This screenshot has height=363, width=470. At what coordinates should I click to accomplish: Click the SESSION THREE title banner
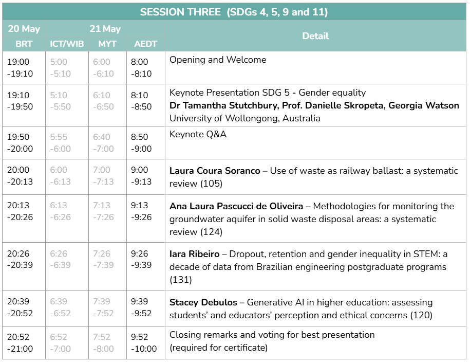[234, 12]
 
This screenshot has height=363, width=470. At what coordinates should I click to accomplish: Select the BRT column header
[24, 44]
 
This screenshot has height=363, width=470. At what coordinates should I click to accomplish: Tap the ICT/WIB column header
[67, 44]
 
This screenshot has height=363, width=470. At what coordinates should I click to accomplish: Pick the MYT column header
[107, 44]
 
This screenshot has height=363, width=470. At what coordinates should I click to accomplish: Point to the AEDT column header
[145, 44]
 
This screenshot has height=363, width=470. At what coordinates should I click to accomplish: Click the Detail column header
[315, 36]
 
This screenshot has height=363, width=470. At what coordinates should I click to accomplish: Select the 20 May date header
[24, 29]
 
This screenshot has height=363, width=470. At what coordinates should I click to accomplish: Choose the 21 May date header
[105, 29]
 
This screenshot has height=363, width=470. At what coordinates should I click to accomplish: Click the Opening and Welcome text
[218, 60]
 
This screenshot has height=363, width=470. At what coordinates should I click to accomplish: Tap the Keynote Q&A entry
[198, 134]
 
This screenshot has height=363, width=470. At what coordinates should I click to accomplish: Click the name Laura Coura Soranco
[215, 171]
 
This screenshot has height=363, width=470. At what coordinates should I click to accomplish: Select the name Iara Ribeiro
[195, 254]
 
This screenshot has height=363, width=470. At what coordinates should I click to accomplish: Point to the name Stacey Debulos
[203, 302]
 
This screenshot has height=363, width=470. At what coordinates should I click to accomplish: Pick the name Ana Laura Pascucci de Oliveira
[236, 206]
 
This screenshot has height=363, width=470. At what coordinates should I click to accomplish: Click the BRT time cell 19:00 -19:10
[20, 67]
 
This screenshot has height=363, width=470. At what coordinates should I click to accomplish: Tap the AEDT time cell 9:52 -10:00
[144, 342]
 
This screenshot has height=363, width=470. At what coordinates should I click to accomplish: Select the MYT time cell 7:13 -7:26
[103, 211]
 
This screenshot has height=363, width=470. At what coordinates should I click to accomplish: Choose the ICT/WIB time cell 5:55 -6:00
[61, 143]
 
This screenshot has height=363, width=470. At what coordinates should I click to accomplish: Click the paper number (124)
[211, 232]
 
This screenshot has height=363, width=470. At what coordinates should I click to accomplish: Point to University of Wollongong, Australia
[245, 118]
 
